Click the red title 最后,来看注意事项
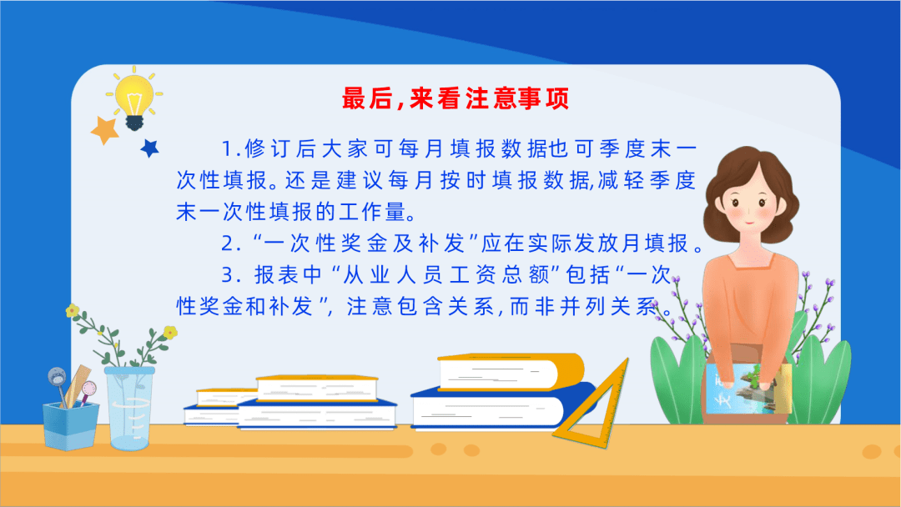click(456, 98)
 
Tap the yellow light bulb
click(134, 98)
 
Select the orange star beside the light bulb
click(104, 130)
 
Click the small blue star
click(150, 148)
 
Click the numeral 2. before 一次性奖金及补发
click(231, 244)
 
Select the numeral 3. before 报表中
click(231, 276)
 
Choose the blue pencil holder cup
click(71, 425)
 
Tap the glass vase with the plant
click(130, 409)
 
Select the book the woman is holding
click(747, 390)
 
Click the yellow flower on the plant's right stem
click(170, 332)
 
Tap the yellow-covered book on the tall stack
click(511, 372)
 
